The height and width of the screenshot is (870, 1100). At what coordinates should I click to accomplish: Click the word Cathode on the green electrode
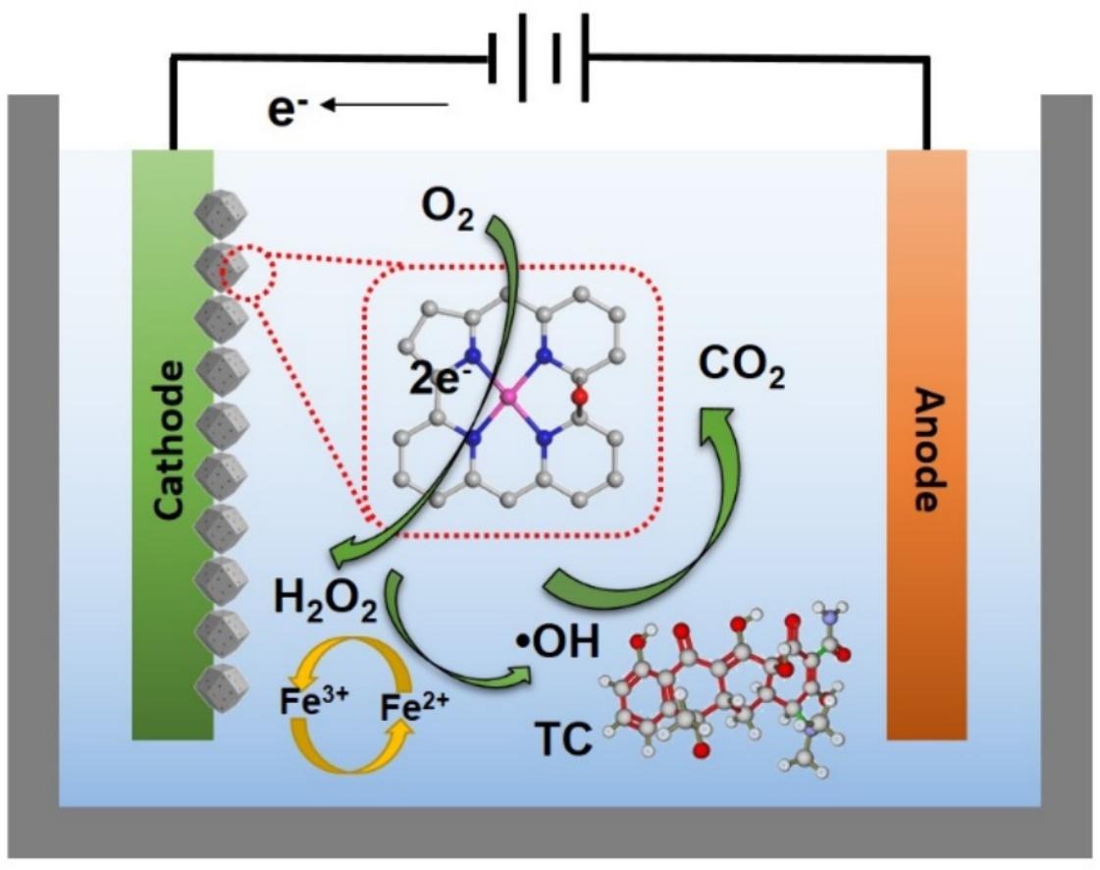[x=172, y=438]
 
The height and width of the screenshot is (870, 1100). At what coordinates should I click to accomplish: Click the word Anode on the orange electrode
[x=926, y=449]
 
